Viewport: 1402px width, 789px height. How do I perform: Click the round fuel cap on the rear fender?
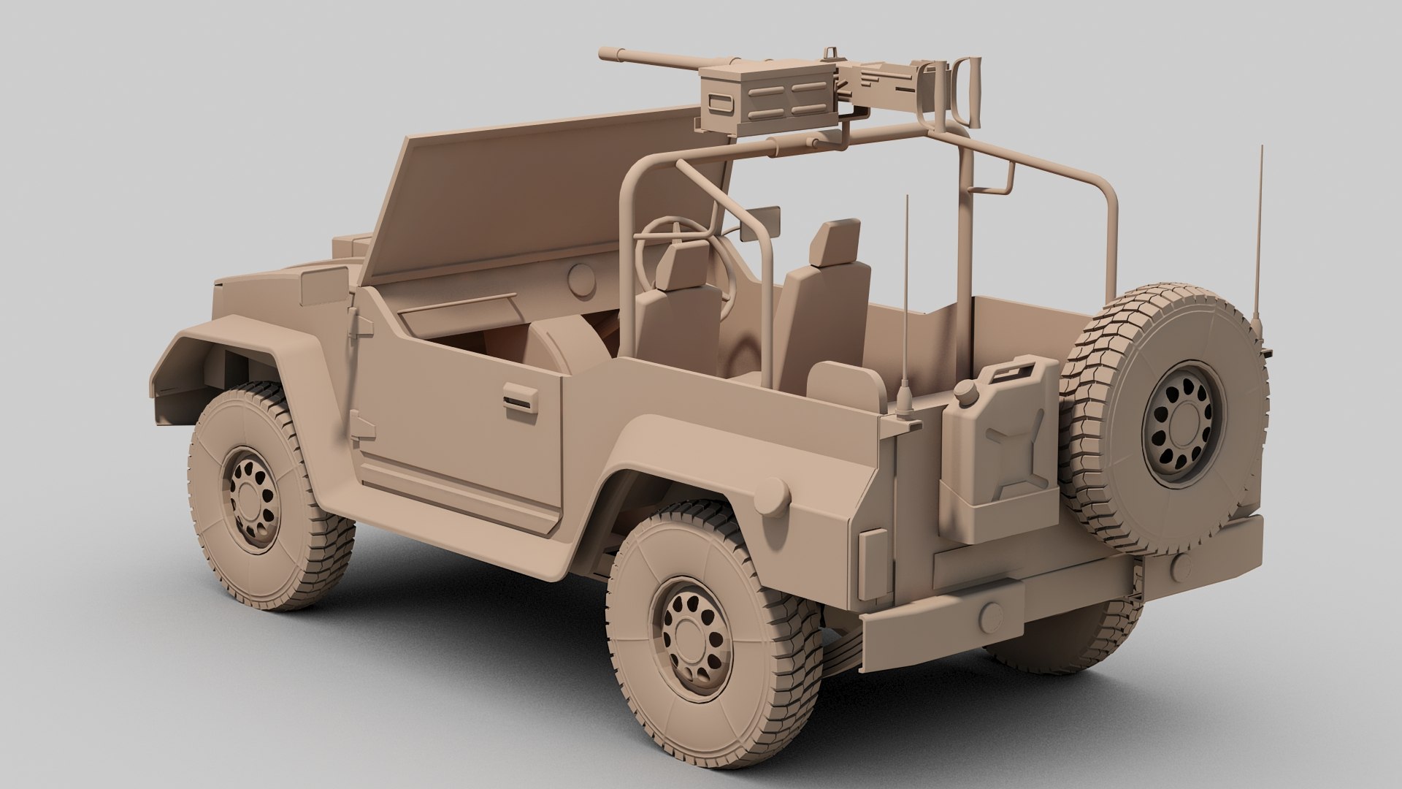pos(770,498)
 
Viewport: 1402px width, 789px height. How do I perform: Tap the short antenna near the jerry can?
pos(905,307)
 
